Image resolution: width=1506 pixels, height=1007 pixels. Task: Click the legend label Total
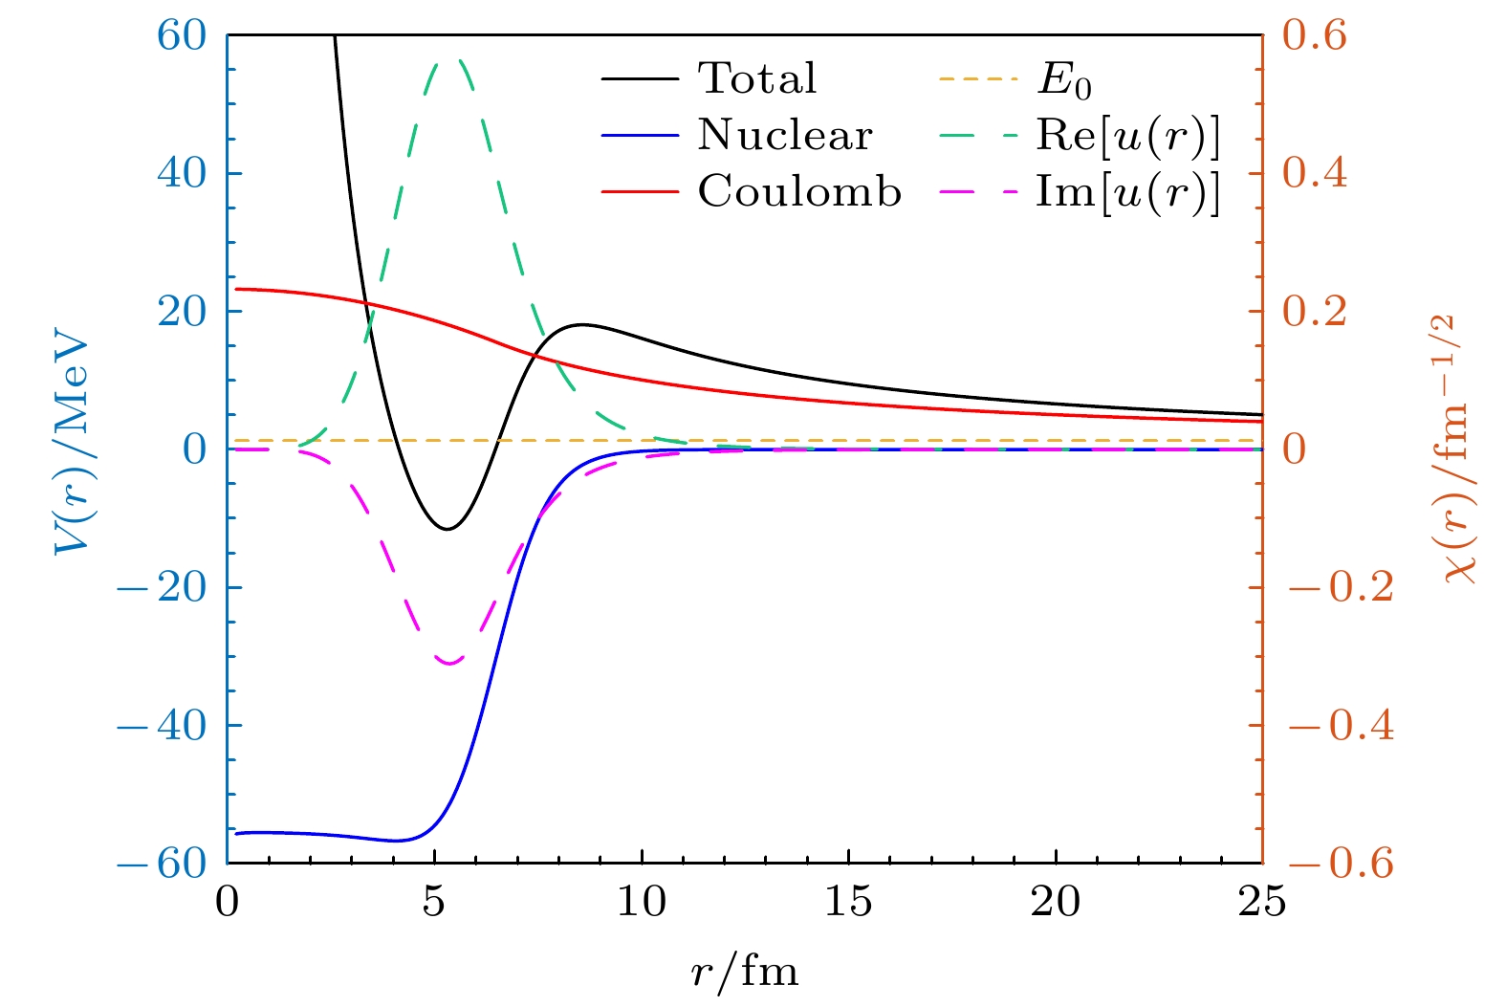pos(757,78)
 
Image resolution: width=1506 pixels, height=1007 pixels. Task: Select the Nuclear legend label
pos(785,136)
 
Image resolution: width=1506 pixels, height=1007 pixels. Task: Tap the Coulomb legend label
pos(799,192)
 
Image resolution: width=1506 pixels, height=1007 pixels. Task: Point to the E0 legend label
pos(1064,81)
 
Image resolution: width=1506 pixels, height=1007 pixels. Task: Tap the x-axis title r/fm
pos(744,973)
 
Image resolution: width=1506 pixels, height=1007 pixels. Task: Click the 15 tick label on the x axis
pos(848,902)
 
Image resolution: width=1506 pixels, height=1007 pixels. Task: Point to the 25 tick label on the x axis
pos(1262,902)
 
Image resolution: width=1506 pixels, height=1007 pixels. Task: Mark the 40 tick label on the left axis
pos(181,173)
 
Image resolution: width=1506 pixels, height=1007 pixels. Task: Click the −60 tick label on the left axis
pos(162,864)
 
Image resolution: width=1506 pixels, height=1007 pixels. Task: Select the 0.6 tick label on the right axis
pos(1314,35)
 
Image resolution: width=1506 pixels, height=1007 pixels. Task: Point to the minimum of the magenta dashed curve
pos(448,663)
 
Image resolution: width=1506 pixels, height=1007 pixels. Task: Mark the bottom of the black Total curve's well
pos(447,529)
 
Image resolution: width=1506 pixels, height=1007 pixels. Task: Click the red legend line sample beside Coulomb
pos(640,192)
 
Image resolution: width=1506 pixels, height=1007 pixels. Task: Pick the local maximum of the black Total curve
pos(580,324)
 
